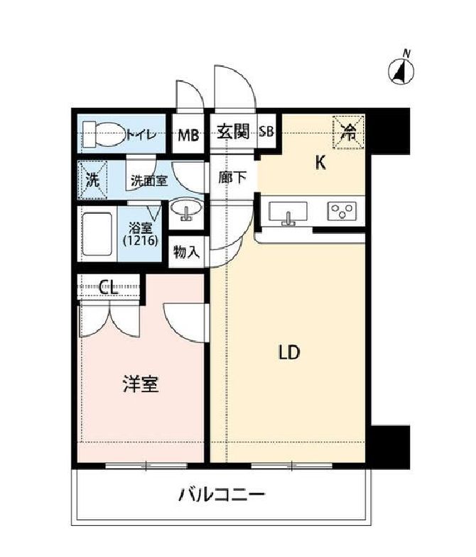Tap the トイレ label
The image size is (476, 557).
pos(142,133)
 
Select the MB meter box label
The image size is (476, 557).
pos(188,133)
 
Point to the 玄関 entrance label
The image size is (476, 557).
pos(233,131)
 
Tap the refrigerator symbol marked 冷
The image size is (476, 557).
pos(349,131)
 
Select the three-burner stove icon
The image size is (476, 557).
pos(342,211)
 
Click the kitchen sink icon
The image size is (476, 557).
pos(288,212)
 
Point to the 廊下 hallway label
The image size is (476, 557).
pos(232,178)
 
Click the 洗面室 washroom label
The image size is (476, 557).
pos(148,180)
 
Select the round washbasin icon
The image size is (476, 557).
pos(187,210)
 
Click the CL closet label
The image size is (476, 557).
pos(108,287)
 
